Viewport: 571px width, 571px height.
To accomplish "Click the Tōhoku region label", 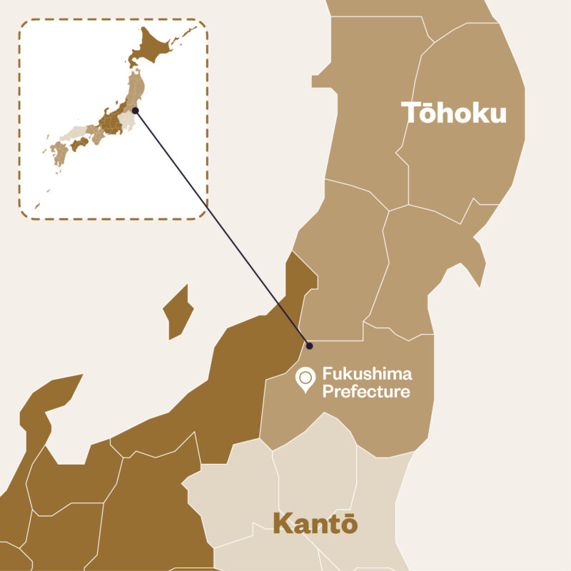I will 453,113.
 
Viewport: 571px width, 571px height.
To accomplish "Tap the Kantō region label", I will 315,524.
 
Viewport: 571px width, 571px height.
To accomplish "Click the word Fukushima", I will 367,373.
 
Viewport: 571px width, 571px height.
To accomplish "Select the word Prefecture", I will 366,391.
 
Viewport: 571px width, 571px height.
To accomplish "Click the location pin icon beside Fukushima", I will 306,379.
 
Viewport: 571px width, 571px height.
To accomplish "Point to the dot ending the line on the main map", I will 309,346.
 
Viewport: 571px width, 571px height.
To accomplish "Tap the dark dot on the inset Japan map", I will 135,111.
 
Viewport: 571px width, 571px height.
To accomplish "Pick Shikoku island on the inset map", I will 79,143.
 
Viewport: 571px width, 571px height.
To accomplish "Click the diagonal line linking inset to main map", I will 221,228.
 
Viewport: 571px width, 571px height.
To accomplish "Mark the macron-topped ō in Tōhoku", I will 433,113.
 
